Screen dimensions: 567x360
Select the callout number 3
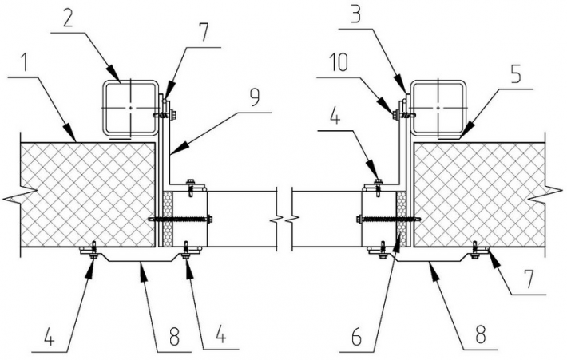[358, 14]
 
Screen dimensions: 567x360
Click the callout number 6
[356, 338]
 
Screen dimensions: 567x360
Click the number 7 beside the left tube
[204, 33]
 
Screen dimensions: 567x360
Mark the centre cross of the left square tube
[130, 108]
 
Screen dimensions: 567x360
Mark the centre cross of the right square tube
[438, 108]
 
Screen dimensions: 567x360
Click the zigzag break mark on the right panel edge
[547, 193]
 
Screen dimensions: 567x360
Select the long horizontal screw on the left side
[180, 219]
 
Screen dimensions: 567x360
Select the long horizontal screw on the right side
[388, 219]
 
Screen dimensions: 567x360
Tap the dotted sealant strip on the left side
[167, 219]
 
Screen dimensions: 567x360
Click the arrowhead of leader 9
[176, 150]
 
